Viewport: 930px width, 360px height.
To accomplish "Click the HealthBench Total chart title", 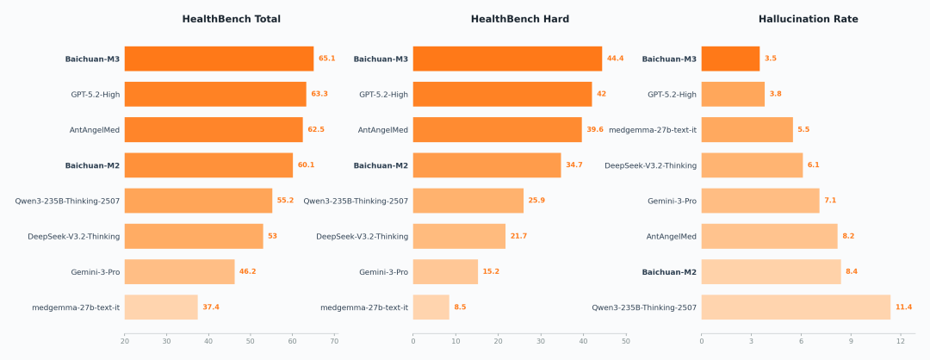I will [x=231, y=19].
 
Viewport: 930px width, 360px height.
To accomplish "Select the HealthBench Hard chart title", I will [x=519, y=19].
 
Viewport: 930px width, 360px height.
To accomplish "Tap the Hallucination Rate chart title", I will [x=808, y=19].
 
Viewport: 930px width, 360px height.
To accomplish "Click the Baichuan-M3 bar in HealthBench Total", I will [x=219, y=59].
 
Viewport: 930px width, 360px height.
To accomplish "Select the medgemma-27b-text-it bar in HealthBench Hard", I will [x=431, y=307].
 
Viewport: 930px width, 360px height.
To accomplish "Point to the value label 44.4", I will [x=615, y=59].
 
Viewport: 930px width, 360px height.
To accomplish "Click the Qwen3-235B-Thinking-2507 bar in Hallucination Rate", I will [x=796, y=307].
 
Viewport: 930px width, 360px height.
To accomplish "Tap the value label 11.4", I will [x=903, y=307].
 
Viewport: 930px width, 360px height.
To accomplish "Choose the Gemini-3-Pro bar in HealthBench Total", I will [x=179, y=272].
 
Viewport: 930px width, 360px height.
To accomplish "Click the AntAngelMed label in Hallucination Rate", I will [x=671, y=236].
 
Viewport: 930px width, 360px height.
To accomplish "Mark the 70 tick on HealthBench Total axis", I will [x=334, y=342].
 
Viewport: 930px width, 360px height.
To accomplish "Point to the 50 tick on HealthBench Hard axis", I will [x=625, y=342].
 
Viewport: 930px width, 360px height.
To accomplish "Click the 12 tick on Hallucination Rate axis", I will [x=900, y=342].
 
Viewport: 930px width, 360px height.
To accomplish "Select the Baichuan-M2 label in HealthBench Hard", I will [x=381, y=165].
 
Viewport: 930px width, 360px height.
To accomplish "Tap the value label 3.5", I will [x=771, y=59].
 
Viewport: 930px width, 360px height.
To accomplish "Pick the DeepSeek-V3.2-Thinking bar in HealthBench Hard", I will [x=459, y=236].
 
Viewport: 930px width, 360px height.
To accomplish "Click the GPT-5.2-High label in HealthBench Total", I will [x=95, y=95].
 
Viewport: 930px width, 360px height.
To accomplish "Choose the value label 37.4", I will [x=211, y=307].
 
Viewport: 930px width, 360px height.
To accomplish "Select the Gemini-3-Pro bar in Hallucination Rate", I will [x=759, y=201].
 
